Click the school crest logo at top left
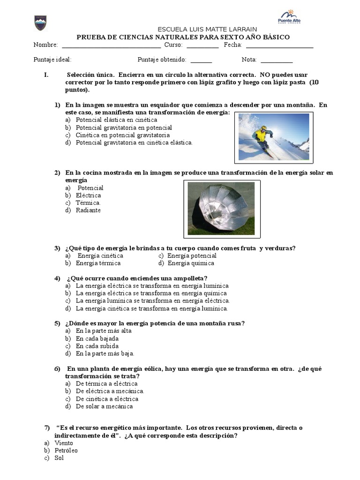click(x=40, y=22)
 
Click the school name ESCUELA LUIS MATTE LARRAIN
click(x=207, y=29)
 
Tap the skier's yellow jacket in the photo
click(x=261, y=135)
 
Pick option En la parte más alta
click(x=104, y=331)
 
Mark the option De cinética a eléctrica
click(x=107, y=399)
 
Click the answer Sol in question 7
click(x=59, y=458)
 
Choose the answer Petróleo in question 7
click(x=66, y=450)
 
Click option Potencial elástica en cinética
click(x=116, y=120)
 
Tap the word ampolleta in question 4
click(x=182, y=278)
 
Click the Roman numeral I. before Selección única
click(x=46, y=75)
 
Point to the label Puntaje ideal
click(x=52, y=60)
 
